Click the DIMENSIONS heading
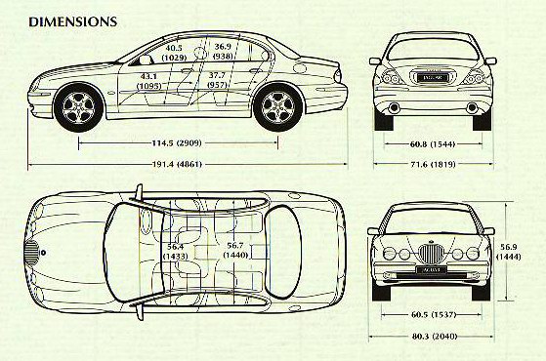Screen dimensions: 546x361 tap(73, 21)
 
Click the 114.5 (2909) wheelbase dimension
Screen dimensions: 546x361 tap(177, 143)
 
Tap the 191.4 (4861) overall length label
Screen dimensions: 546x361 tap(177, 164)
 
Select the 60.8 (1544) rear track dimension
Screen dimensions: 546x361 tap(433, 144)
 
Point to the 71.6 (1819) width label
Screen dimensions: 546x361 tap(433, 164)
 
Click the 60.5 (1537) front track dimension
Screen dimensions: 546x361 tap(433, 315)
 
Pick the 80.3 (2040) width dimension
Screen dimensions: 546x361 tap(434, 337)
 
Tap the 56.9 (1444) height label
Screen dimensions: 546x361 tap(508, 252)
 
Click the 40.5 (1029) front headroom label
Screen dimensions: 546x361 tap(174, 53)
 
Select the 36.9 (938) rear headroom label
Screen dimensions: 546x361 tap(223, 51)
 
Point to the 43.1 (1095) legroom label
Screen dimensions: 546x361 tap(149, 81)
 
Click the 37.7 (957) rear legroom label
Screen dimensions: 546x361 tap(217, 80)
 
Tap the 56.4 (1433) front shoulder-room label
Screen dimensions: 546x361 tap(176, 252)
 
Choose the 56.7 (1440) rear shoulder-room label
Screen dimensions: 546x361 tap(235, 251)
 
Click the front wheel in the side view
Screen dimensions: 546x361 tap(79, 107)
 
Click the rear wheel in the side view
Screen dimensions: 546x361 tap(277, 106)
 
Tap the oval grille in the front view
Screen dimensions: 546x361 tap(431, 254)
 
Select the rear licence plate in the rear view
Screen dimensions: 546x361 tap(431, 77)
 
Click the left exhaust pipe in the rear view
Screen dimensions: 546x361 tap(394, 107)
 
